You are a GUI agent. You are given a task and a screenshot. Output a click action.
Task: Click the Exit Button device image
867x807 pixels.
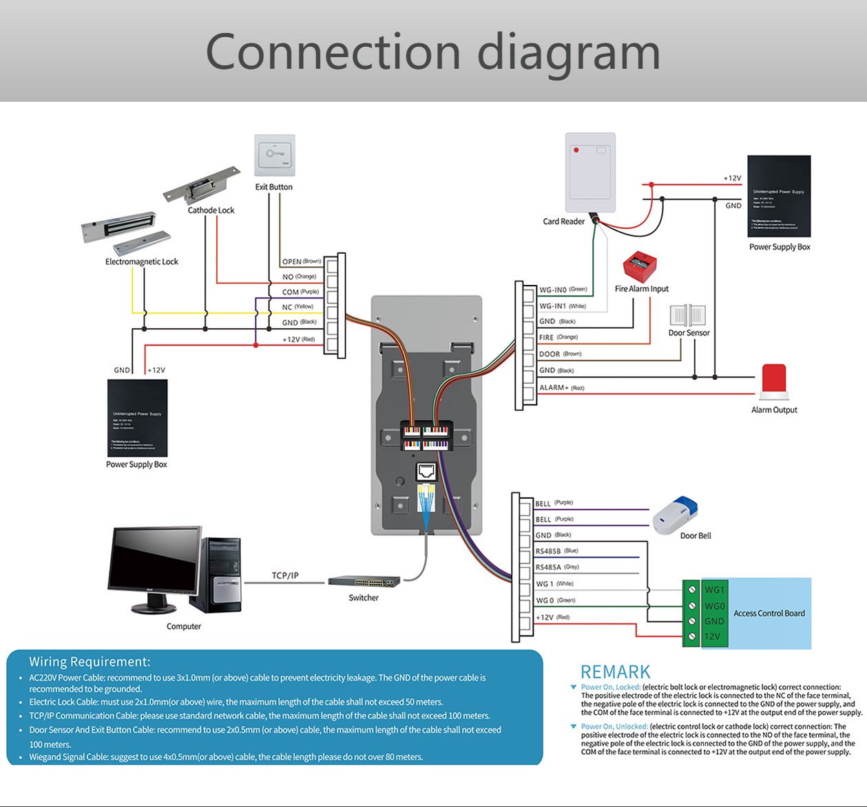coord(274,155)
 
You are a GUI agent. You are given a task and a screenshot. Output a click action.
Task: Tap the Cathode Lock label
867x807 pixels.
coord(211,211)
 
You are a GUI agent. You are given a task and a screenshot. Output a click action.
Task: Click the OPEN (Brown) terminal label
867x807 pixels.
coord(301,261)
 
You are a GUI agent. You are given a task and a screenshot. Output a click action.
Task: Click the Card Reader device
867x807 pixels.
coord(590,172)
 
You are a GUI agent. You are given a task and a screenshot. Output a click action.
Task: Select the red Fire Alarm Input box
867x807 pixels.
coord(640,267)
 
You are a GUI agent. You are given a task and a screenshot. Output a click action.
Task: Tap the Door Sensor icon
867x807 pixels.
coord(687,316)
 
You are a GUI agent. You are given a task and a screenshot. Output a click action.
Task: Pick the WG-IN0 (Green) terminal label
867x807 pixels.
coord(563,290)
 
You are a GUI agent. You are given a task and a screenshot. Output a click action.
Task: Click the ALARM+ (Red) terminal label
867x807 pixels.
coord(561,388)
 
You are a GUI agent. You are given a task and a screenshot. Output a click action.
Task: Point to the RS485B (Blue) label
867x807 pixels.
coord(556,551)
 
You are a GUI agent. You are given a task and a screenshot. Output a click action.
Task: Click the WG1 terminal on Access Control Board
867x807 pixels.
coord(713,590)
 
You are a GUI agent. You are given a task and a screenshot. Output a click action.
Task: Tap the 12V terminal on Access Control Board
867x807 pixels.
coord(711,636)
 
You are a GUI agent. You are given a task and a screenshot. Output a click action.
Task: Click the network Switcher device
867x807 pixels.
coord(364,581)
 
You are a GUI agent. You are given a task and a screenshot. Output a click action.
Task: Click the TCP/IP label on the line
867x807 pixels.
coord(285,575)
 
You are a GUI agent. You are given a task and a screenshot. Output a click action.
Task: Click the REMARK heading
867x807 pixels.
coord(615,672)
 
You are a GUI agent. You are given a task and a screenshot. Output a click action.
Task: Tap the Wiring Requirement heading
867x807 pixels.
coord(90,662)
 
